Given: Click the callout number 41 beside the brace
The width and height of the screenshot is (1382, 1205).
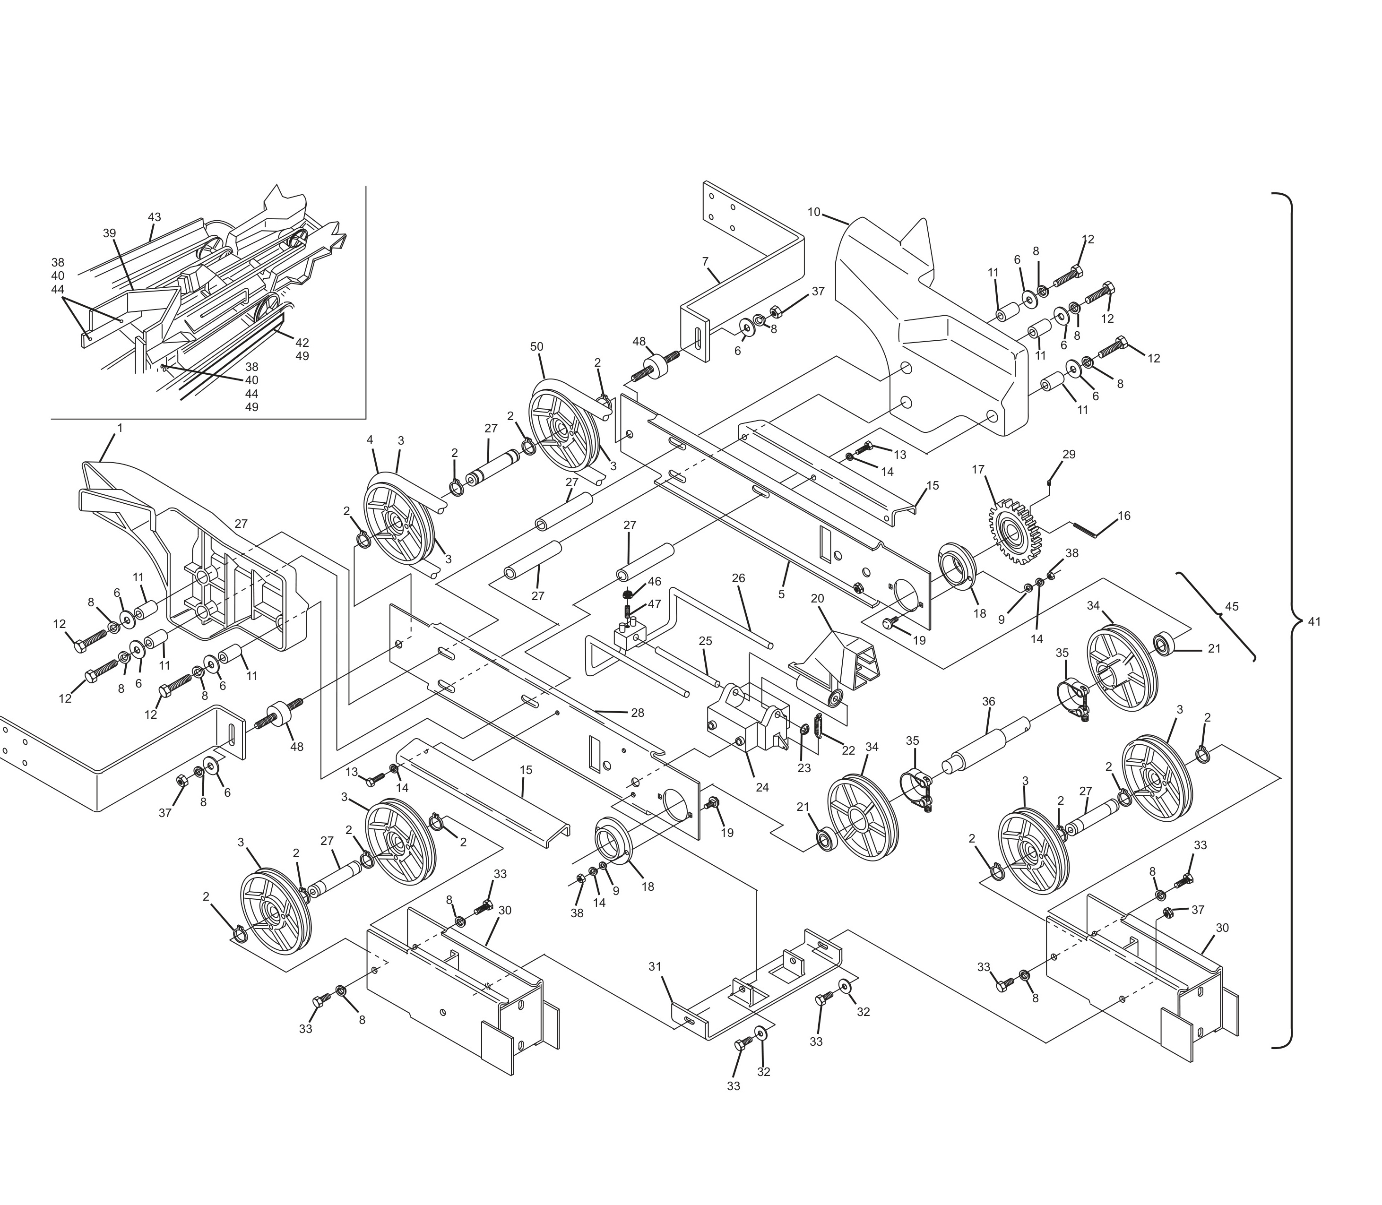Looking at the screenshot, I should click(1314, 622).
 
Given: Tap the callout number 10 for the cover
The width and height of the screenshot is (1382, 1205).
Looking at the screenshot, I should click(814, 213).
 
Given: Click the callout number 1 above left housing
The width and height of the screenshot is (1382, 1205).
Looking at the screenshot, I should click(120, 428).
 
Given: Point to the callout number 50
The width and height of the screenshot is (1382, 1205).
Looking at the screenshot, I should click(536, 347).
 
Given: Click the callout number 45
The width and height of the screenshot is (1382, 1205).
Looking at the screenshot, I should click(1231, 607).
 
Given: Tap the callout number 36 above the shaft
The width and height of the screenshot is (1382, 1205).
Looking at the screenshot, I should click(988, 701).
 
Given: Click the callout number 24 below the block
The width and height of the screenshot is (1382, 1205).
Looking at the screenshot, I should click(762, 787).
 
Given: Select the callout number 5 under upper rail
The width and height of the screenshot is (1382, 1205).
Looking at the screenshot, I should click(781, 594).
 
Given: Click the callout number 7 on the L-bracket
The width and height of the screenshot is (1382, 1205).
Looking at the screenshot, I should click(705, 262).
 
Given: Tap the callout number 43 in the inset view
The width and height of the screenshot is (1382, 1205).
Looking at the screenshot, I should click(154, 217).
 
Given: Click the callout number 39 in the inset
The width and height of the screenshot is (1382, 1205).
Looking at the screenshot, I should click(110, 233).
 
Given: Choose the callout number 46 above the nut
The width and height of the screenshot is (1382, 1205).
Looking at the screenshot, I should click(654, 582).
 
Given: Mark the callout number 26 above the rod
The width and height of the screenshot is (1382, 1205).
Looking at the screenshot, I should click(738, 578).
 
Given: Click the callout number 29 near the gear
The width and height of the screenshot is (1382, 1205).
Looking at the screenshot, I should click(1069, 455).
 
